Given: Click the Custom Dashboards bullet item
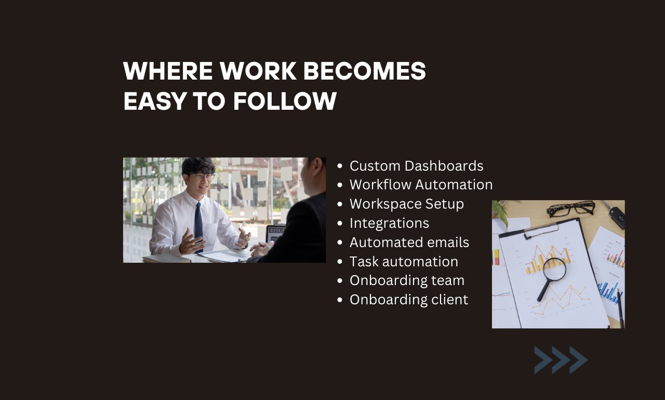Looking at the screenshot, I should click(x=416, y=166).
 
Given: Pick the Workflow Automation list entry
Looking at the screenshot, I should click(x=421, y=185).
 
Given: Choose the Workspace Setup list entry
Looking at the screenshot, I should click(x=406, y=204).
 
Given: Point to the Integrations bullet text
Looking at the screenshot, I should click(x=389, y=223).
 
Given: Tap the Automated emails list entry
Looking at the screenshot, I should click(x=409, y=242).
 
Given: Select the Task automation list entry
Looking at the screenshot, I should click(x=404, y=261).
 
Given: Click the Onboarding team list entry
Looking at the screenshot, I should click(x=407, y=280).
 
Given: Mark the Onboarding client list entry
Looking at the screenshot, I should click(x=409, y=300).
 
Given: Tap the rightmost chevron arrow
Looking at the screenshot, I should click(x=578, y=360).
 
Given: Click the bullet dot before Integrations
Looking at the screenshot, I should click(x=340, y=224).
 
